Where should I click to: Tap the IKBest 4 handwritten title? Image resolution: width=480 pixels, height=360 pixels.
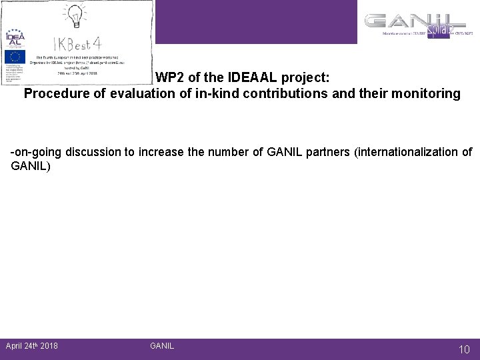(78, 44)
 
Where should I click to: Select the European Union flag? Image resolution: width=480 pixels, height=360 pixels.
(14, 57)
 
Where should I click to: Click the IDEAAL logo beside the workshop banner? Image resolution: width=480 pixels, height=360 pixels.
(14, 37)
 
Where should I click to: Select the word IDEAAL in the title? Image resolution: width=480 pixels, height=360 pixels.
(245, 77)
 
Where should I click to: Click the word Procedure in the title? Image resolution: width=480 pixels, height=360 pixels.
(55, 93)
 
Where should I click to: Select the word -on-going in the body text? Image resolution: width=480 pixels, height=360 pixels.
(37, 152)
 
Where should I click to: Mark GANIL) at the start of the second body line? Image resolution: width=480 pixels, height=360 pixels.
(31, 165)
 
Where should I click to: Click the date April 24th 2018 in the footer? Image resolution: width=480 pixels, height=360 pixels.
(31, 345)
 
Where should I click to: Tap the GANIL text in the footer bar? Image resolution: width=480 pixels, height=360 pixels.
(162, 345)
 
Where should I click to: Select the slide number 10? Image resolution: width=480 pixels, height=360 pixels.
(464, 349)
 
